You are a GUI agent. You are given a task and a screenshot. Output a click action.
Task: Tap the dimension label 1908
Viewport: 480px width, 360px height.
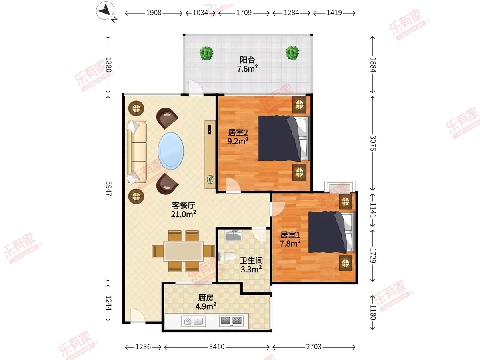154,13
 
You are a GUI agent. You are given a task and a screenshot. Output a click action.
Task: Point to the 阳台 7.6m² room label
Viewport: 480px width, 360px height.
248,64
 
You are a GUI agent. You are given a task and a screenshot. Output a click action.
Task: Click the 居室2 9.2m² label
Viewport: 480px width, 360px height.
238,137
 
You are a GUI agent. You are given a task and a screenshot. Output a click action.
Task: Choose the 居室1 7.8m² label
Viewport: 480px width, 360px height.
290,239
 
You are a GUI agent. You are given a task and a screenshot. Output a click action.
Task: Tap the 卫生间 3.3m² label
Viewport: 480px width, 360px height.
251,265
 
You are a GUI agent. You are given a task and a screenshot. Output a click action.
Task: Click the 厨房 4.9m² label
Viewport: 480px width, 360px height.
206,302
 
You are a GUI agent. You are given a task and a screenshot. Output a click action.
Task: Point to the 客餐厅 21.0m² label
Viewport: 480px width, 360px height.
184,210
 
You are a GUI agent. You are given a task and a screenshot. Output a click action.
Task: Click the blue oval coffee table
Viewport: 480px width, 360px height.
171,151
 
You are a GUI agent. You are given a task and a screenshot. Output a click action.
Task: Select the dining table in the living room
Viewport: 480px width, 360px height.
184,251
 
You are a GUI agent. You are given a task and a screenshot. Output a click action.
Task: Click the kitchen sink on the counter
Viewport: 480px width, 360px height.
194,321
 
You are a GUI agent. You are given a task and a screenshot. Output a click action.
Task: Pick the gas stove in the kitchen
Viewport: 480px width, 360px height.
231,321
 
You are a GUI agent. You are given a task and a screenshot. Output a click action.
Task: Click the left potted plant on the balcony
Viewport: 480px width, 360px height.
206,53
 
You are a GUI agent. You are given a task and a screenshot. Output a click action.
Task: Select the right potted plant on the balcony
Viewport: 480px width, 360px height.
292,53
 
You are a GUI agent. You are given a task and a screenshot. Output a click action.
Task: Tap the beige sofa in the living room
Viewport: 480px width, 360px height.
137,152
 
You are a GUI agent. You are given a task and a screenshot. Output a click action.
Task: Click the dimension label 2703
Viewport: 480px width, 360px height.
314,347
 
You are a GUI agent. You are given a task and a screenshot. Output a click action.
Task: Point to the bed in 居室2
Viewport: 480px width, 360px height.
284,139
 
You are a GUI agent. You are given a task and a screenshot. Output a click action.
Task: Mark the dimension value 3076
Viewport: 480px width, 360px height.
373,143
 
